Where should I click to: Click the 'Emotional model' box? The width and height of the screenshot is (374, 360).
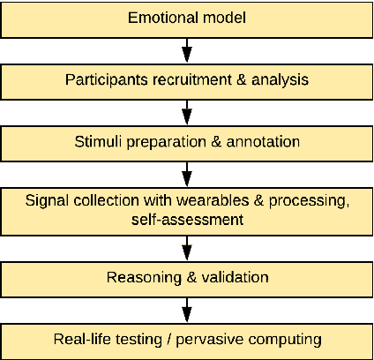187,18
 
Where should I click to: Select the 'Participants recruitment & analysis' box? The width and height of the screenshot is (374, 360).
187,79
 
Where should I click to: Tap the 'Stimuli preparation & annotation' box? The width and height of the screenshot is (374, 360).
187,140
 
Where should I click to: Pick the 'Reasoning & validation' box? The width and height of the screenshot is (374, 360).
187,279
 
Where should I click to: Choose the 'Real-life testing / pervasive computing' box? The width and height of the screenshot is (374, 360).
187,340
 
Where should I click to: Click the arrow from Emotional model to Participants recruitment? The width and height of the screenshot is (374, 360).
187,49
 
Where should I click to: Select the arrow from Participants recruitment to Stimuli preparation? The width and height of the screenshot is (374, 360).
187,110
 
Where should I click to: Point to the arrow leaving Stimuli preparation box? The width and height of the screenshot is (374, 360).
187,171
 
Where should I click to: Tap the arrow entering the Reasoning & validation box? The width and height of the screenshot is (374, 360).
187,248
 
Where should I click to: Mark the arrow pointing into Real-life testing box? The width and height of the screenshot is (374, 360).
187,310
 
